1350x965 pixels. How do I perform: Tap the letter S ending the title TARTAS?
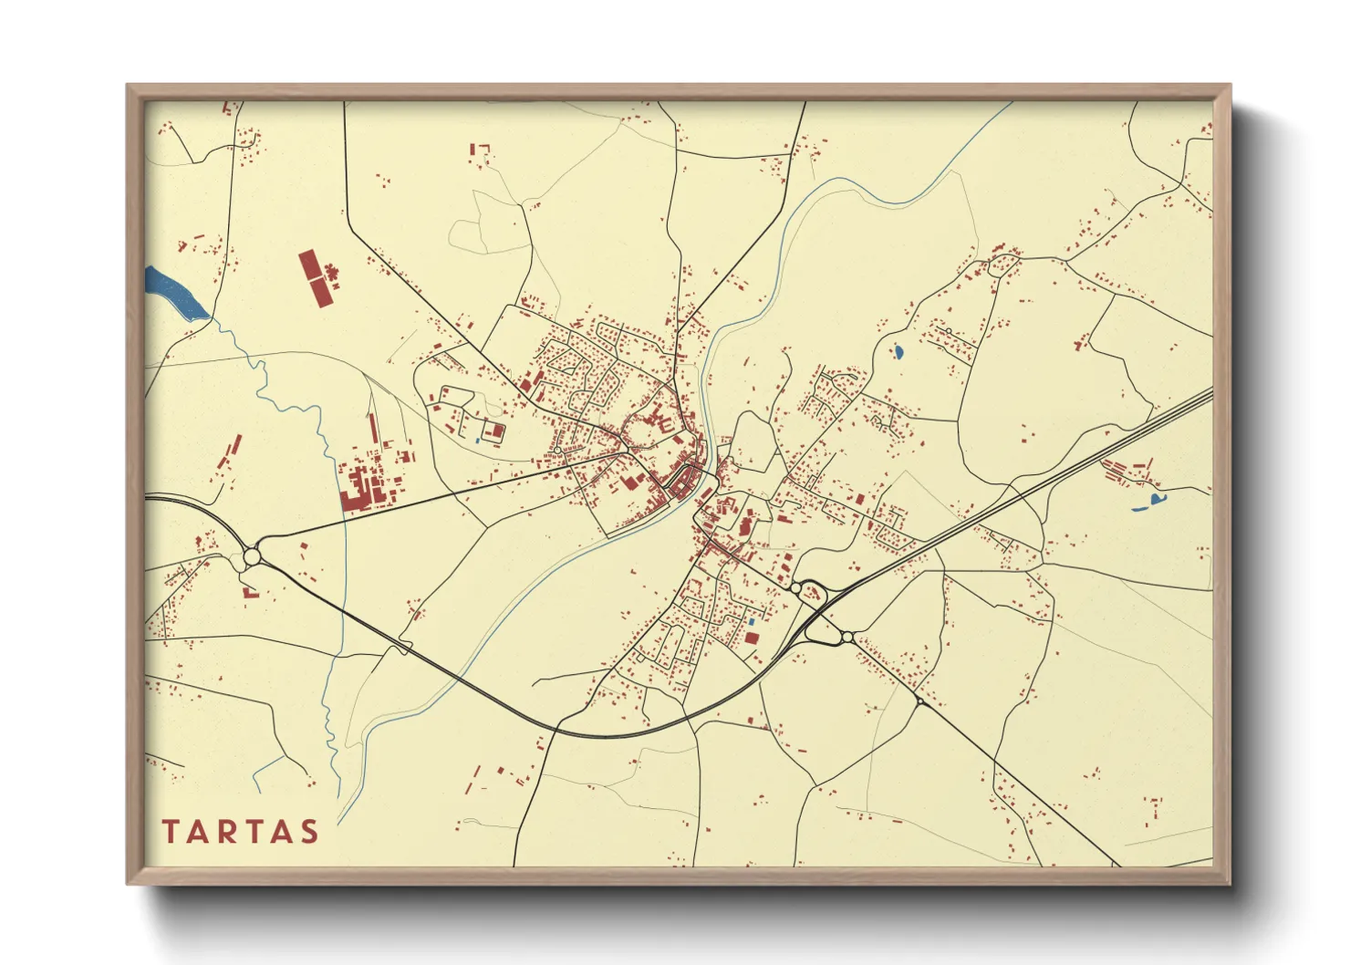click(x=309, y=832)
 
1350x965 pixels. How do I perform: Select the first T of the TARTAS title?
click(x=171, y=832)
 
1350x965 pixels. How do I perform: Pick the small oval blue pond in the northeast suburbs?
click(x=898, y=350)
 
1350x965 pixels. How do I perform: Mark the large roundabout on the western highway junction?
click(x=253, y=555)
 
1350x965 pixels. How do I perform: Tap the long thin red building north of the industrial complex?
click(x=372, y=435)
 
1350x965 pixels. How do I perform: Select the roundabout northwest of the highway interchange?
click(x=796, y=589)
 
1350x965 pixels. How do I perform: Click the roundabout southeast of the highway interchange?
click(x=847, y=637)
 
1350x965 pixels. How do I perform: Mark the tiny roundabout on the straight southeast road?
click(x=919, y=702)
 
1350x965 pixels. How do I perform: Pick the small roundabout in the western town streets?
click(x=557, y=450)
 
